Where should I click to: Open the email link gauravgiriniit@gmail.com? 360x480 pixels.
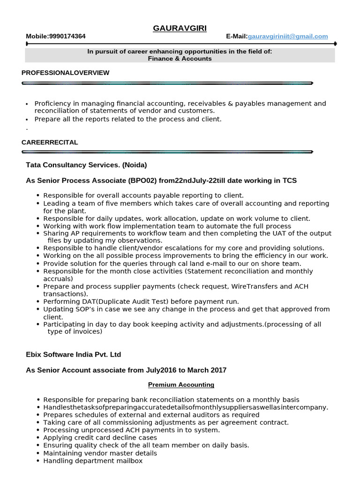(288, 37)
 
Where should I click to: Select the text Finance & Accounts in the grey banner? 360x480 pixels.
(180, 59)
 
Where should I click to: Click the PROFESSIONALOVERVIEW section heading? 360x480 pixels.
(66, 73)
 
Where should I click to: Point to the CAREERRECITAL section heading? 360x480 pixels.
(50, 142)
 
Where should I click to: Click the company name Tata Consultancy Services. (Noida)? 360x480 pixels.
(86, 165)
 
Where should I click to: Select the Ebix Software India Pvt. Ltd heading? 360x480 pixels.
(73, 355)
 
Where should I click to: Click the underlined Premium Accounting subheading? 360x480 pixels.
(181, 385)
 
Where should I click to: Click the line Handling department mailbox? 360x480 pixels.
(93, 461)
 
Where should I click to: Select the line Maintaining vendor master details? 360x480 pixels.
(100, 453)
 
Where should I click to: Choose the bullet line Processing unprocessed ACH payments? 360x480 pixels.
(131, 430)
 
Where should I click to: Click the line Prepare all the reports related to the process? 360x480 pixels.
(127, 119)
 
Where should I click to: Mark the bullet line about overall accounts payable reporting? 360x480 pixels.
(143, 195)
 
